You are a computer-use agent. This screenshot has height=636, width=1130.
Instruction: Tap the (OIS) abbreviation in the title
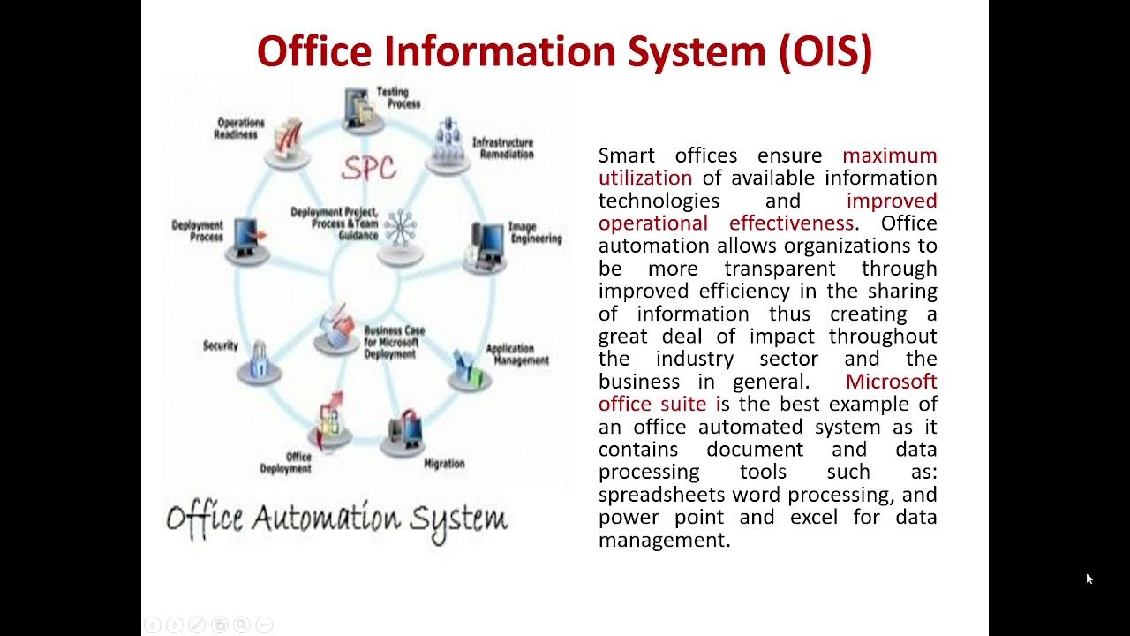point(825,51)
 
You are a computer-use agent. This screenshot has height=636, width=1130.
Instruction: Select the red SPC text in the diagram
point(368,168)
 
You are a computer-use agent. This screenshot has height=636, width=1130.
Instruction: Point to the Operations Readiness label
point(240,128)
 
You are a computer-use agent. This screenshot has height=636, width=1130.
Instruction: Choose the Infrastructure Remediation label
point(502,148)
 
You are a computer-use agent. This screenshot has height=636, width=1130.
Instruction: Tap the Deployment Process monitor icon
point(248,237)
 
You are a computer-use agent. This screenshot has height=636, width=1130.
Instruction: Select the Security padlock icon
point(260,361)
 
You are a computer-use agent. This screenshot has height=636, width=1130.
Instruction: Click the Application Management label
point(516,354)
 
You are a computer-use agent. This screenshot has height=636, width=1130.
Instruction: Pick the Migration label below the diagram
point(444,464)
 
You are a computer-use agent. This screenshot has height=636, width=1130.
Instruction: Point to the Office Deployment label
point(286,463)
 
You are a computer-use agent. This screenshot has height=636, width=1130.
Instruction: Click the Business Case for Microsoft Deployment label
point(394,342)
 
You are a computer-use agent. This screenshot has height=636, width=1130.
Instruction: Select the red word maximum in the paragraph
point(889,155)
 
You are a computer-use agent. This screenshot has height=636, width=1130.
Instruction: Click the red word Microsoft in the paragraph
point(891,382)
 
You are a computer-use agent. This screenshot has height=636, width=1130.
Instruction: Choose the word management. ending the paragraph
point(664,540)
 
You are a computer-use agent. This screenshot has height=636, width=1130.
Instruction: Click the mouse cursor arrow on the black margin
point(1089,579)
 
